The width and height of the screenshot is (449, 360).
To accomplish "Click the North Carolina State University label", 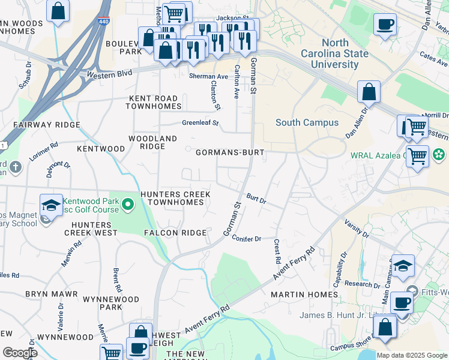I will [343, 53].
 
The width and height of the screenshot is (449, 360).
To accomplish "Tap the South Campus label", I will [307, 122].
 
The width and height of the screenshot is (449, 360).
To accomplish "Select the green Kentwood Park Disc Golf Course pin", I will [127, 206].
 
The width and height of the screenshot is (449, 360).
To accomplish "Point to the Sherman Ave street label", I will [209, 77].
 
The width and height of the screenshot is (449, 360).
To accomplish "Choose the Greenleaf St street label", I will [200, 123].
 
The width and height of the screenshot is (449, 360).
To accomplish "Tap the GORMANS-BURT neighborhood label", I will [230, 152].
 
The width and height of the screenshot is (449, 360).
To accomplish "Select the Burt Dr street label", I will [256, 198].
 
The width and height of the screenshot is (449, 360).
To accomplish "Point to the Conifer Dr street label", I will [247, 238].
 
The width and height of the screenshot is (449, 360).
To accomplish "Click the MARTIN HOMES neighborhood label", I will [304, 295].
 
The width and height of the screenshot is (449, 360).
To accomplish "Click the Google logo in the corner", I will [19, 353].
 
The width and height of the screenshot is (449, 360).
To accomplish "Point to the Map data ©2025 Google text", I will [411, 355].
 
